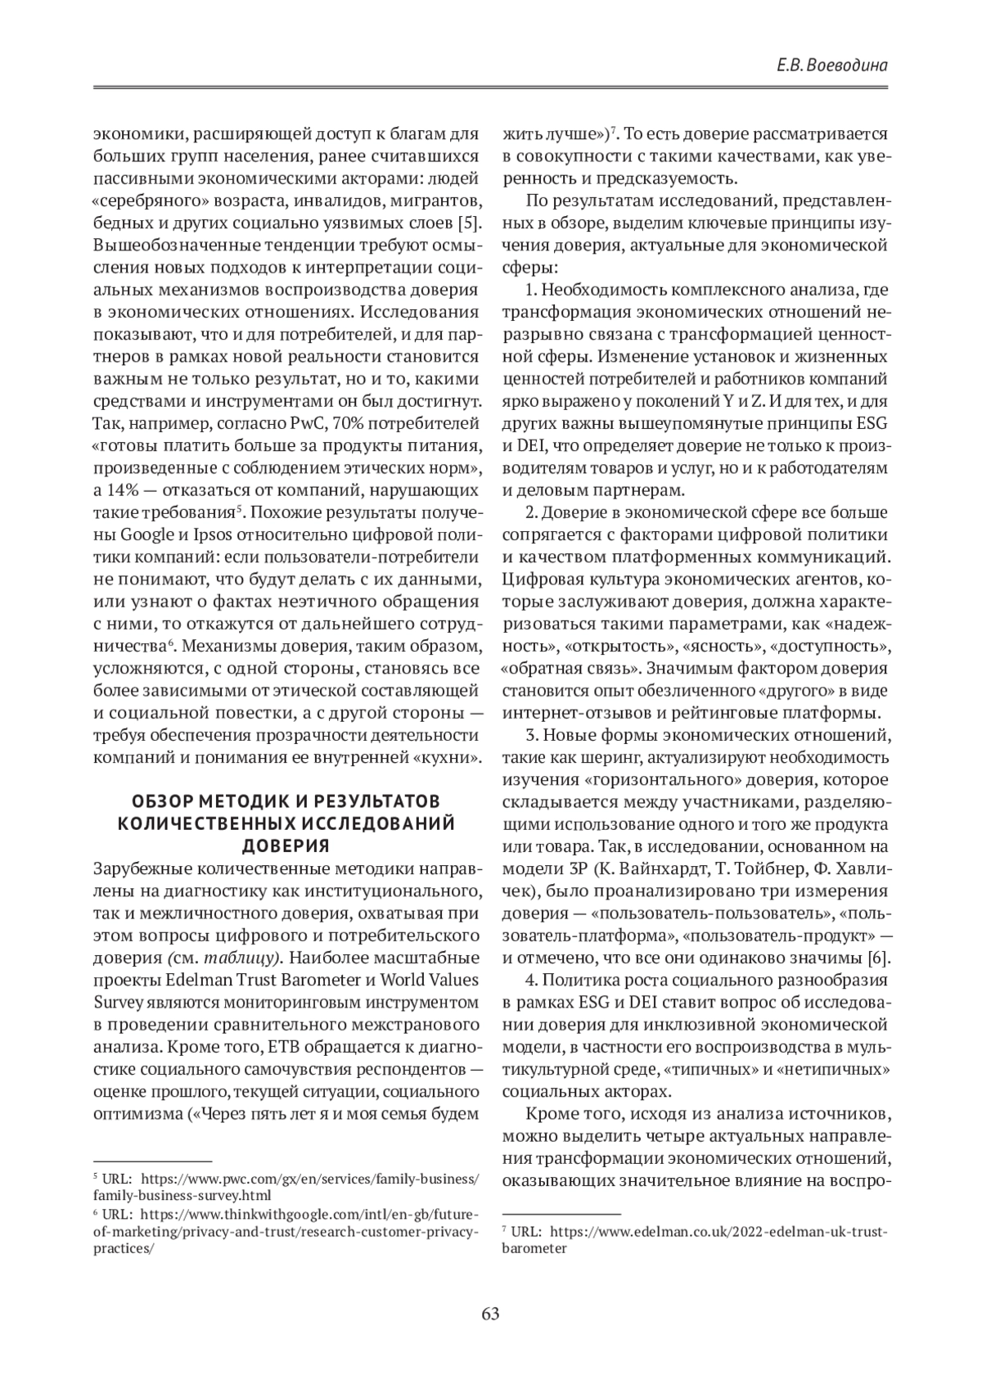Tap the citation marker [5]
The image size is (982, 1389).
coord(468,224)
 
